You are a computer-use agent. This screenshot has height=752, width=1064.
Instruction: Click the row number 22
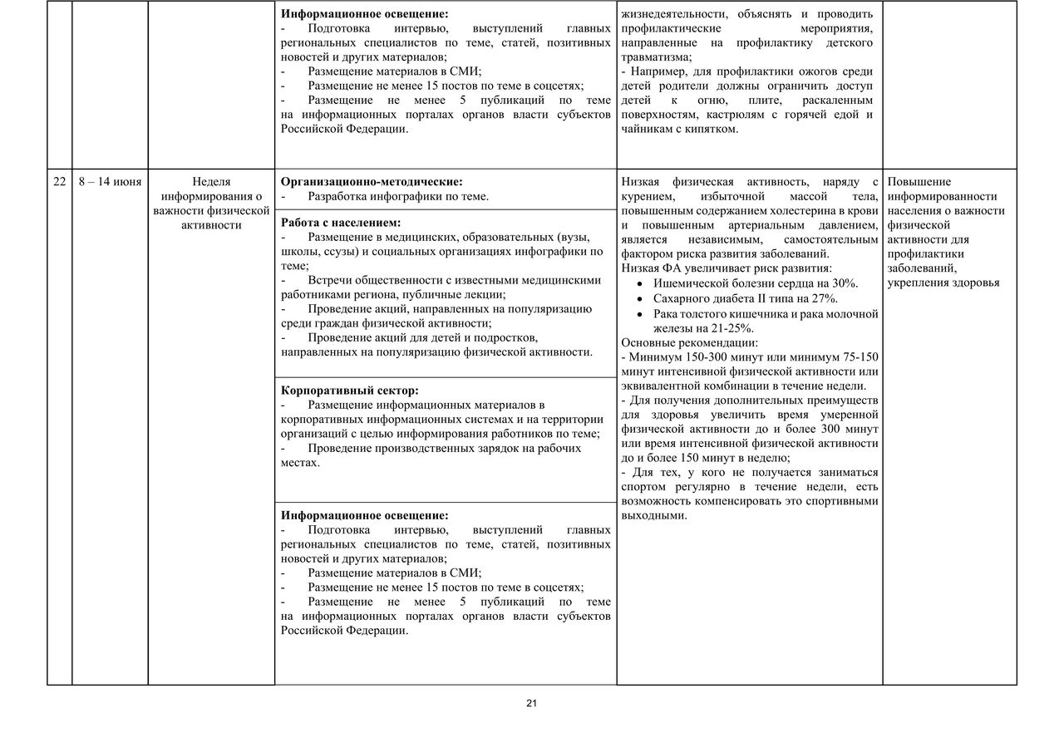(60, 182)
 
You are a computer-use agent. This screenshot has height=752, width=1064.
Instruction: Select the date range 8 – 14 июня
(110, 182)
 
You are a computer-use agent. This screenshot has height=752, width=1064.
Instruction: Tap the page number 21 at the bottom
(532, 704)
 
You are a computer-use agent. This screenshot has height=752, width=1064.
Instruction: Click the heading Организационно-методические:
(372, 181)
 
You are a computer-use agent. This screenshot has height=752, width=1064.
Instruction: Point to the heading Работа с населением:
(341, 223)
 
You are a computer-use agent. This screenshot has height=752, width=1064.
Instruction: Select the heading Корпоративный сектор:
(349, 390)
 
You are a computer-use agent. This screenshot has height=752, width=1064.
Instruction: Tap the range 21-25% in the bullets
(734, 328)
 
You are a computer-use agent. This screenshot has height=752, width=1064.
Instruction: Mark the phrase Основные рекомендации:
(689, 342)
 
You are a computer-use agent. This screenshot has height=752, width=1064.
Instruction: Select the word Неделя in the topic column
(211, 182)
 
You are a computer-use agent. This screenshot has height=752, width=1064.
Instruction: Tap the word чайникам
(647, 129)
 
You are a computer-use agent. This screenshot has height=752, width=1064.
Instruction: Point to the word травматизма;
(656, 57)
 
